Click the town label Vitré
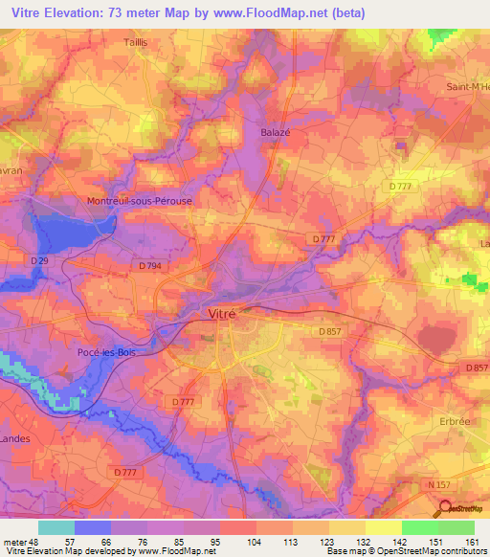click(x=221, y=312)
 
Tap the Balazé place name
click(x=275, y=133)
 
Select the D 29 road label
click(x=39, y=259)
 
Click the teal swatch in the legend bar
click(x=56, y=527)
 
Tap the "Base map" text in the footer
click(x=346, y=552)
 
